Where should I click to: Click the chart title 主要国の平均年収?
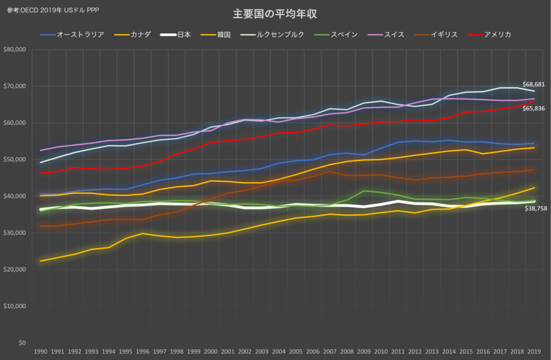point(275,13)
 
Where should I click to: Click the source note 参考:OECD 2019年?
point(34,10)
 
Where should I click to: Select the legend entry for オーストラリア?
point(73,34)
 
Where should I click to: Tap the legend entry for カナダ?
point(132,34)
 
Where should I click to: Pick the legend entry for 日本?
point(176,34)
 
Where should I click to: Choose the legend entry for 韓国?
point(216,34)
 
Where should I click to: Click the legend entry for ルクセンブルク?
point(272,34)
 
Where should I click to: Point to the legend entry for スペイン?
point(336,34)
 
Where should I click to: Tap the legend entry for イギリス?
point(436,34)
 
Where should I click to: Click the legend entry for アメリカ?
point(490,34)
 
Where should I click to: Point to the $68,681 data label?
point(533,84)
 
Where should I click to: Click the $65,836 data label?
point(533,108)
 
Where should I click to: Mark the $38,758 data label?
point(536,208)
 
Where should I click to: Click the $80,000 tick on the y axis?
point(15,50)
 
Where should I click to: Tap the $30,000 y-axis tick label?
point(15,232)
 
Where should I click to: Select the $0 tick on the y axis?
point(22,343)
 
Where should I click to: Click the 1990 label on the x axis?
point(40,351)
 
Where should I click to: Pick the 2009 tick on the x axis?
point(364,351)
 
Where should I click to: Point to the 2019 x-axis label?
point(534,351)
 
